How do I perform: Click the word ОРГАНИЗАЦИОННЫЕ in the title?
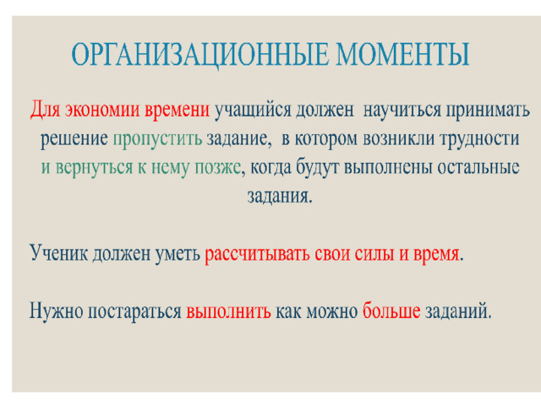(x=199, y=55)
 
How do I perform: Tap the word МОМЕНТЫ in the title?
(x=403, y=54)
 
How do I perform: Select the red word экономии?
(x=102, y=110)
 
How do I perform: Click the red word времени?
(x=177, y=111)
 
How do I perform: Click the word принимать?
(x=488, y=111)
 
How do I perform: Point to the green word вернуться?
(x=94, y=169)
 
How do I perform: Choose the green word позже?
(x=217, y=169)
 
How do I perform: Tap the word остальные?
(x=478, y=167)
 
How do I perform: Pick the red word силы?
(x=374, y=254)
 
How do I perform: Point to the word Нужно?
(x=57, y=311)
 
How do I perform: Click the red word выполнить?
(x=228, y=311)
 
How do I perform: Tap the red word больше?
(x=391, y=310)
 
